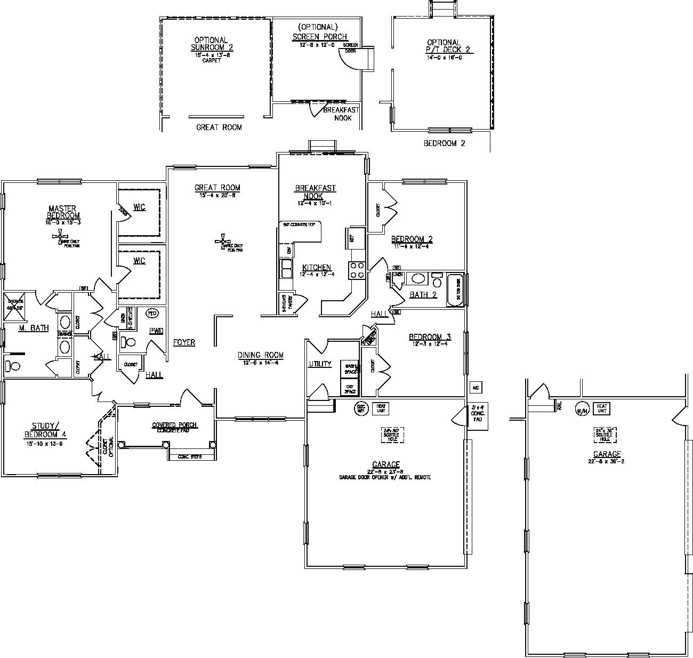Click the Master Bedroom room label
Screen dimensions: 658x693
tap(62, 212)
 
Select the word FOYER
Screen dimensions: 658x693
tap(184, 342)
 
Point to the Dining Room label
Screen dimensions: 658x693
tap(261, 355)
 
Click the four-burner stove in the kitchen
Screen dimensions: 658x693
tap(357, 270)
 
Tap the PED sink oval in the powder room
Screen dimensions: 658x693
tap(152, 313)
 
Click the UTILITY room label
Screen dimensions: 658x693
tap(320, 364)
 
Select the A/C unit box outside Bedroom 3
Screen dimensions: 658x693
tap(474, 387)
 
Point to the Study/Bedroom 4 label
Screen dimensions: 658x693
tap(43, 429)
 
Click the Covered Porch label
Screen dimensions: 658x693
tap(174, 426)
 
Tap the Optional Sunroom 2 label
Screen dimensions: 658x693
tap(212, 44)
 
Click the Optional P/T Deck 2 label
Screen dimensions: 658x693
tap(444, 46)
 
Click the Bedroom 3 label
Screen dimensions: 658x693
tap(430, 337)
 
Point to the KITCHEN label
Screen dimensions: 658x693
tap(317, 268)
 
